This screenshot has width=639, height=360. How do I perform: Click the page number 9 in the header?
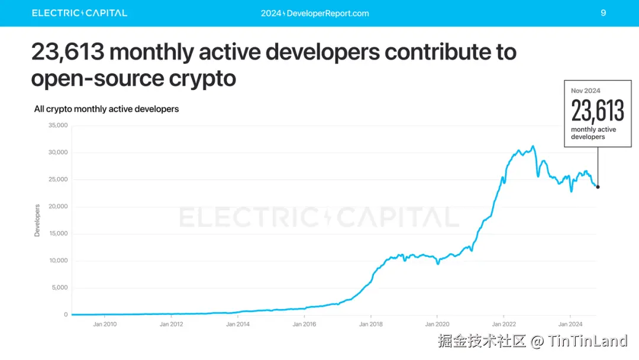603,12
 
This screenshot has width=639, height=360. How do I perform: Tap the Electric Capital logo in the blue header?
79,13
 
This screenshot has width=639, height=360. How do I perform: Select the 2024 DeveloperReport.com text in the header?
315,13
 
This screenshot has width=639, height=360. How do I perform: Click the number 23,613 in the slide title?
67,53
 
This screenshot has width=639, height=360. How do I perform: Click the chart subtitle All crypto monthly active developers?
106,109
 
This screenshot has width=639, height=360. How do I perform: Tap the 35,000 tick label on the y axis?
58,126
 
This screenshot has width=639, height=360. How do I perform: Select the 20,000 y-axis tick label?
58,207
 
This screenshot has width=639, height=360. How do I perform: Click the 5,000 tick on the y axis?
60,288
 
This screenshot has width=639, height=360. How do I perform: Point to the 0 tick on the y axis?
66,315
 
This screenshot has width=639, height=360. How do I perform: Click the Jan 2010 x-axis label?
105,324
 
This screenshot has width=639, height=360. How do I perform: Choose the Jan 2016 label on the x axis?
304,324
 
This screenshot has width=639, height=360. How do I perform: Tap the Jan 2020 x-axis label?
437,324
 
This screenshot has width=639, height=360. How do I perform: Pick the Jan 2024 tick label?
570,324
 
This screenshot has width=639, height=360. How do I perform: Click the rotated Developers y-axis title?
37,221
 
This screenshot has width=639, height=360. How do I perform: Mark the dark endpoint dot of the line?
598,187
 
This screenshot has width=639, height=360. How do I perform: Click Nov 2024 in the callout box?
585,91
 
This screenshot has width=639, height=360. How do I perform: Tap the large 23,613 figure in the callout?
598,111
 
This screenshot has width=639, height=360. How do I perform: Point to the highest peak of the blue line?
533,146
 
